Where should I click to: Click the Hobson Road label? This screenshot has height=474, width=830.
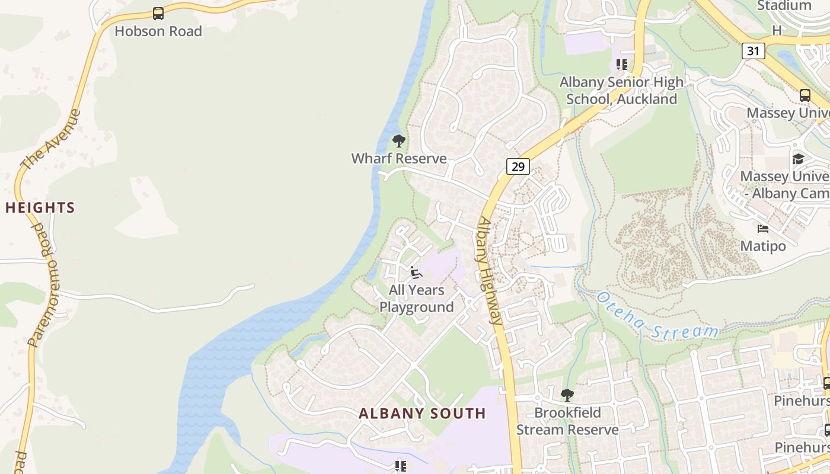click(x=158, y=31)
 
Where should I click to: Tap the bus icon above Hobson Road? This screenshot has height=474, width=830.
click(x=158, y=13)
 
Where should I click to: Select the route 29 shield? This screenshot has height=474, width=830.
click(x=518, y=166)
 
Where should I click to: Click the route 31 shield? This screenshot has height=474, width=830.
click(x=753, y=51)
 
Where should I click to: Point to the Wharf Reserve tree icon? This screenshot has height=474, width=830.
click(x=399, y=141)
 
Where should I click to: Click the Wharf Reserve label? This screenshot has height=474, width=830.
click(x=399, y=159)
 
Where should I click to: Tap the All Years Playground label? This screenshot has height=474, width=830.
click(x=417, y=299)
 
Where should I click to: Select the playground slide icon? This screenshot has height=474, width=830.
click(x=416, y=273)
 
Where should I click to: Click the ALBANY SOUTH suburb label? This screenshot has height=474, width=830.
click(x=422, y=414)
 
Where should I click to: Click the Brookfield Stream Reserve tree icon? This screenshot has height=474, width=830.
click(x=567, y=395)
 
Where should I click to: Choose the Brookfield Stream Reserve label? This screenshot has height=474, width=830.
click(x=567, y=421)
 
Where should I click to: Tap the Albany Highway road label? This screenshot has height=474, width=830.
click(x=490, y=270)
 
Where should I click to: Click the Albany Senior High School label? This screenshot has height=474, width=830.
click(x=621, y=91)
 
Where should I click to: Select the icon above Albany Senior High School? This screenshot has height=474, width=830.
click(x=621, y=65)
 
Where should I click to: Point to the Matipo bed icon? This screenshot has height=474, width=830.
click(x=763, y=228)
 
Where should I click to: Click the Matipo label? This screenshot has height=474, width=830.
click(x=763, y=246)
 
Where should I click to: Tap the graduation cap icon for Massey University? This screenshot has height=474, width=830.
click(x=798, y=159)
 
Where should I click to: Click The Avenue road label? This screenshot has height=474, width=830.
click(x=50, y=139)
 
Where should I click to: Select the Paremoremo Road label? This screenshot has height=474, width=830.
click(x=44, y=284)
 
